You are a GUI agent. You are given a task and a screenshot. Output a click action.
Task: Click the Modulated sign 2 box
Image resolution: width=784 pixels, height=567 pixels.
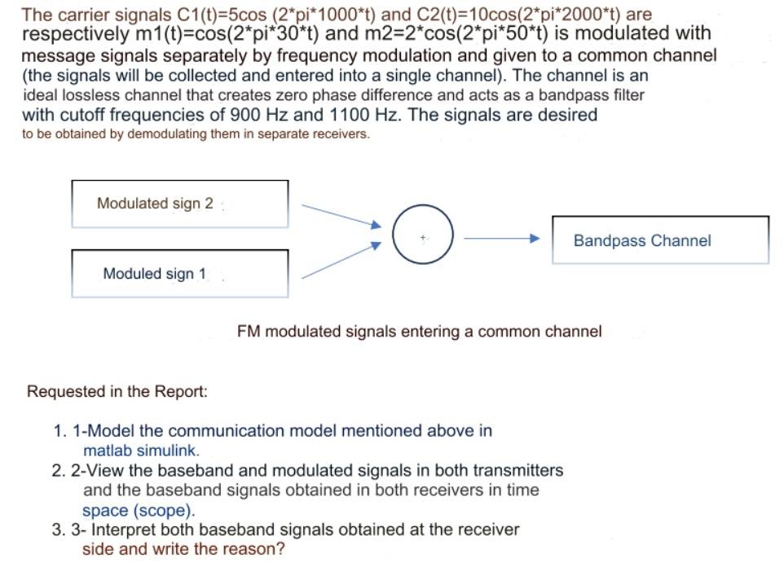click(x=179, y=204)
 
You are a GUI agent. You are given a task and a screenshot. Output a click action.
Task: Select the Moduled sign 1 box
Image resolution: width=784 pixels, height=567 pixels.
click(x=179, y=274)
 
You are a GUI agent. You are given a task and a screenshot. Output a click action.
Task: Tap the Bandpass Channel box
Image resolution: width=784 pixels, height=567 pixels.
click(x=660, y=240)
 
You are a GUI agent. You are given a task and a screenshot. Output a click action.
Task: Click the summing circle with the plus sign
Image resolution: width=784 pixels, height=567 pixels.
click(x=422, y=235)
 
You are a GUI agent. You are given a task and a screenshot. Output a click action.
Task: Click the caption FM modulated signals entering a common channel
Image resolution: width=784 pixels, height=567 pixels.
click(x=420, y=332)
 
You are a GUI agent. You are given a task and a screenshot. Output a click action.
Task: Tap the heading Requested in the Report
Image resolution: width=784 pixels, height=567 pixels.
click(x=117, y=391)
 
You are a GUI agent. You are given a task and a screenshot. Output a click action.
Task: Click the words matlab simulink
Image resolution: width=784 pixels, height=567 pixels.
click(x=141, y=450)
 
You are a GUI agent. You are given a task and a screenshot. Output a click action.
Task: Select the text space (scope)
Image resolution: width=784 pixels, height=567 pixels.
click(x=139, y=511)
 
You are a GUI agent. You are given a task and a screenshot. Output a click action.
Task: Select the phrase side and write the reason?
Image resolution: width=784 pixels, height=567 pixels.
click(x=183, y=549)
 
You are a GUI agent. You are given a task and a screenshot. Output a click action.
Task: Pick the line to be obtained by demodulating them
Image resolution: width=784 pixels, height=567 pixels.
click(x=196, y=134)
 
